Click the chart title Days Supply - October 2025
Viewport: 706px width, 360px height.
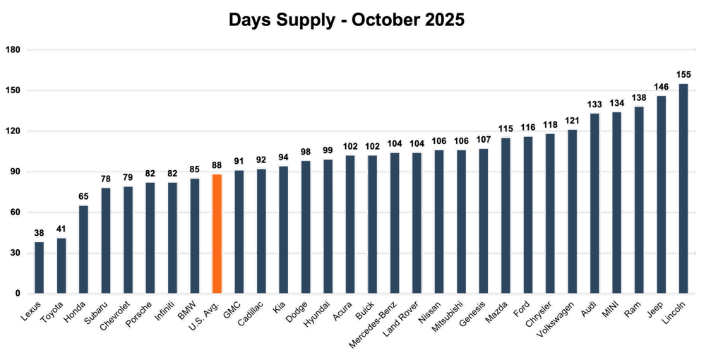[x=347, y=20]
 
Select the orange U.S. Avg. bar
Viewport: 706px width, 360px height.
[x=217, y=233]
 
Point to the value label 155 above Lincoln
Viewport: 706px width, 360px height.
[x=683, y=74]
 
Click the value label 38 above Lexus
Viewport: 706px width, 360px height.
[x=40, y=232]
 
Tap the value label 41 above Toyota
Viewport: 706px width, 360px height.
[x=61, y=229]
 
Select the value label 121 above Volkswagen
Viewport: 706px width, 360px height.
[x=573, y=121]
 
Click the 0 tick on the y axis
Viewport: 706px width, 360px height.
[x=18, y=293]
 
